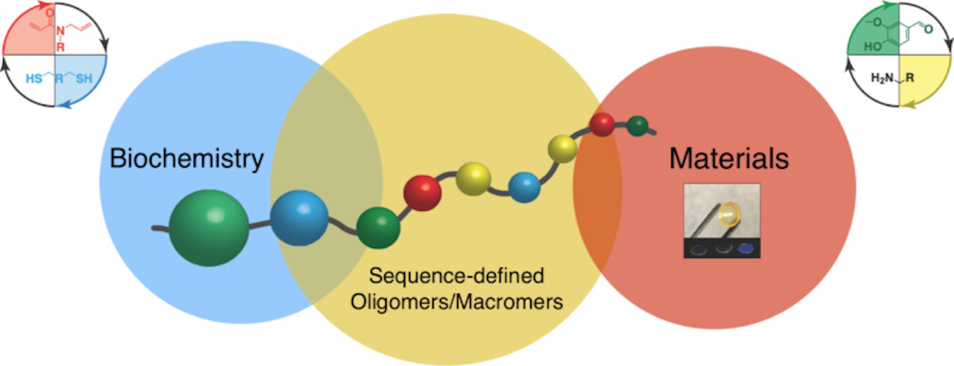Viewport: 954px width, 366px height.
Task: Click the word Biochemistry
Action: point(187,158)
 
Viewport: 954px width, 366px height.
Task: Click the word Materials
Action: point(729,158)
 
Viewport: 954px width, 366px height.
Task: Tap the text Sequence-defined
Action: point(456,276)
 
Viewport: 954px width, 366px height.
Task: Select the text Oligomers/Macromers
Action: point(456,302)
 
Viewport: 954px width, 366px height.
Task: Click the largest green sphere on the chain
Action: point(209,228)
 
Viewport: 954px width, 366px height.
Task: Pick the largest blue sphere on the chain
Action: point(299,218)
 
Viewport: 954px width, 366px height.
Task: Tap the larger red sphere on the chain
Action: point(422,193)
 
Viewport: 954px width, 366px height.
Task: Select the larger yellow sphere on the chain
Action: point(473,179)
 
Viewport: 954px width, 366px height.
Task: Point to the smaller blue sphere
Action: point(524,187)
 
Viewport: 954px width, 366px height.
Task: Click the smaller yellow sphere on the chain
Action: point(563,149)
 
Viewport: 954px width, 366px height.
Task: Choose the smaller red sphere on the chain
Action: point(602,124)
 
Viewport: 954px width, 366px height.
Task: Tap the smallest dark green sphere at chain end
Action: point(637,126)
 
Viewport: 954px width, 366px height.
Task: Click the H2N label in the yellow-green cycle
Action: point(882,78)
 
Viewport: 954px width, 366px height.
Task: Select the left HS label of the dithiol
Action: point(33,78)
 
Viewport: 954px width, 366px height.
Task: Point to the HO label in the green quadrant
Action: point(873,47)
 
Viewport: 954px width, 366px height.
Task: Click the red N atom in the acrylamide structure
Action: point(60,31)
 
